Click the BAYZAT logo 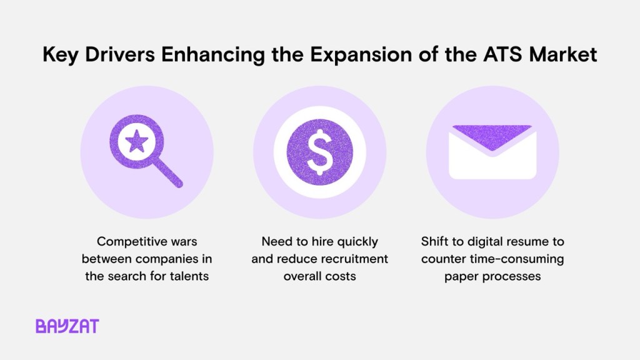click(67, 326)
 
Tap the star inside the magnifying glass click(137, 142)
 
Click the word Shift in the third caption click(434, 241)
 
